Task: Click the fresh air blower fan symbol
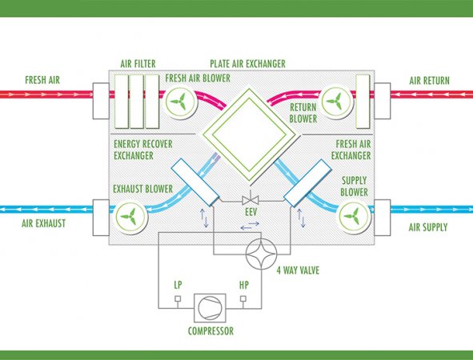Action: click(180, 102)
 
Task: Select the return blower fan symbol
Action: click(336, 102)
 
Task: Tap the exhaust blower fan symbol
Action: click(130, 217)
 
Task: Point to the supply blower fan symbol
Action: click(354, 216)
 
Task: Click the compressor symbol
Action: click(210, 308)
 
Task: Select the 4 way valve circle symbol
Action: click(261, 254)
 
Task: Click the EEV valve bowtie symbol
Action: click(250, 200)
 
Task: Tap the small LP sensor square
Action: click(178, 298)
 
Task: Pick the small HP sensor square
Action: click(243, 298)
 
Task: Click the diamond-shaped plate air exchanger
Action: click(250, 134)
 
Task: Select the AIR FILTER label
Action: click(138, 64)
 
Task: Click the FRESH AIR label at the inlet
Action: click(42, 80)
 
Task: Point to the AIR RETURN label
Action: click(429, 81)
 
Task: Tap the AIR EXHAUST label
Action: click(44, 223)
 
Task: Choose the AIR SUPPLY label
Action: click(428, 227)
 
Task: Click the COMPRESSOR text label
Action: click(210, 331)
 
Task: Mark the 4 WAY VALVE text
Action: click(298, 270)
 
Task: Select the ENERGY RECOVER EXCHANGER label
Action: click(143, 150)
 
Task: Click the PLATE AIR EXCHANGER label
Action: click(247, 64)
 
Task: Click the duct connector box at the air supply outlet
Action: click(383, 218)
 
